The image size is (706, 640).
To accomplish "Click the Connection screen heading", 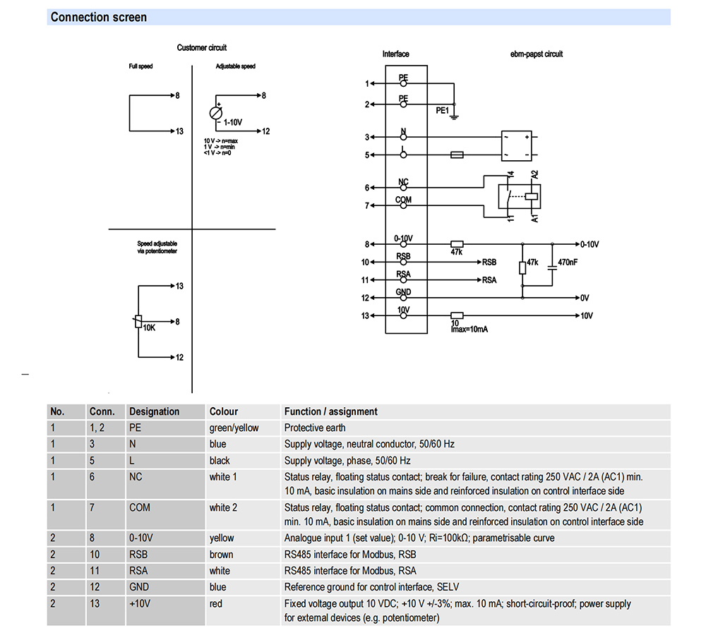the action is pos(99,17).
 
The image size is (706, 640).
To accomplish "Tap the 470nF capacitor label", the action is pos(568,262).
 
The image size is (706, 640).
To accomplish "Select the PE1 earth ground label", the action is pos(442,110).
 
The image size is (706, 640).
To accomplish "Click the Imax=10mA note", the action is pos(469,330).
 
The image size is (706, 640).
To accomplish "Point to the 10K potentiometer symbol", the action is pos(138,321).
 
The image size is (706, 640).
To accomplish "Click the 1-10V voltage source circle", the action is pos(216,113).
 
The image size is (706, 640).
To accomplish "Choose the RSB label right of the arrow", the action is pos(489,262).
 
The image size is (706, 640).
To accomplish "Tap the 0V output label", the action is pos(585,298).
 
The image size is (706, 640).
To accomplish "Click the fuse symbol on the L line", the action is pos(457,155).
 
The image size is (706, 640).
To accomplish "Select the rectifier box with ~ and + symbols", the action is pos(517,146).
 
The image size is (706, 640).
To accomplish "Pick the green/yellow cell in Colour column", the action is pos(234,428).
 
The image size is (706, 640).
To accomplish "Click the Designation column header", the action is pos(154,411).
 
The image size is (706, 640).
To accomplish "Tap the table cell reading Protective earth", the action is pos(315,428).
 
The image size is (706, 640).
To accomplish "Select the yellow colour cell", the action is pos(222,538).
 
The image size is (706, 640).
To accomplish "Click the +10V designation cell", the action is pos(140,603).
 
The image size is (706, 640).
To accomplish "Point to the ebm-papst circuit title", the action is pos(537,54).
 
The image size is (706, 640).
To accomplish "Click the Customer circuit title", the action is pos(202,48).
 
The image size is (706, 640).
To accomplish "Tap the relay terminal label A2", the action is pos(534,174).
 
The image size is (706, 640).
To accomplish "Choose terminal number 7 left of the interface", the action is pos(367,205).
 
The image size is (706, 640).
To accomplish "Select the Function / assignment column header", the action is pos(331,411).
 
